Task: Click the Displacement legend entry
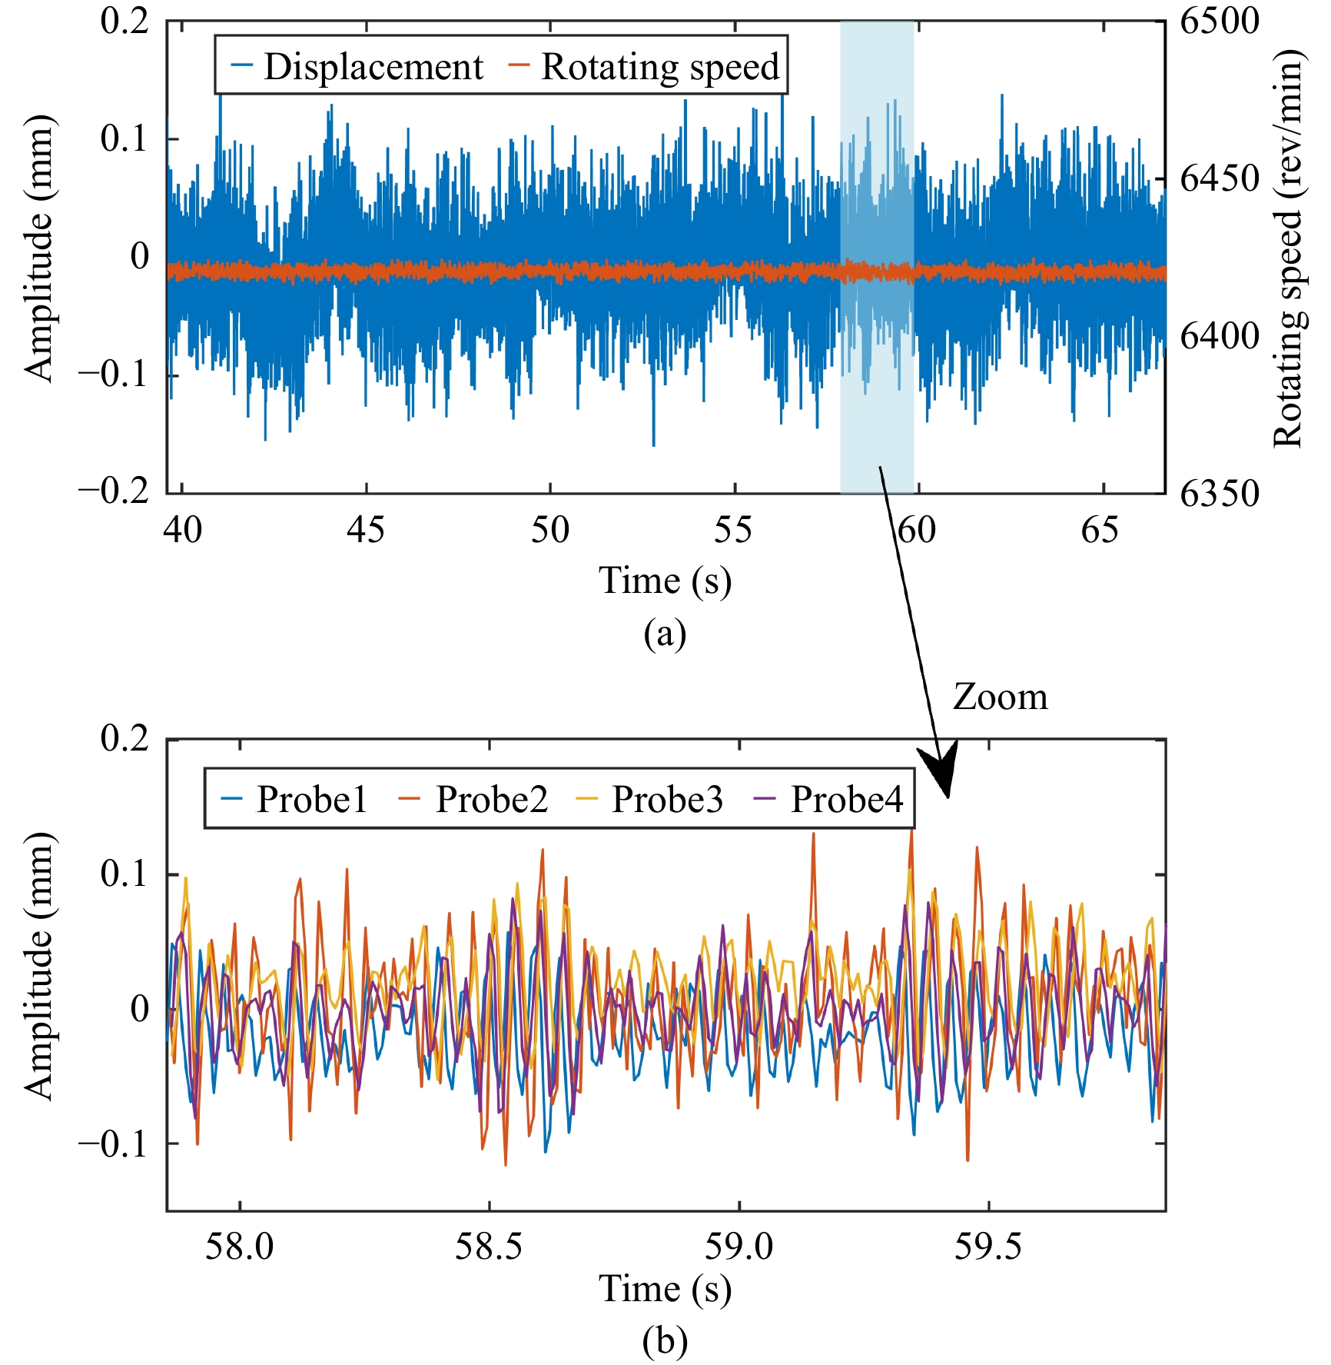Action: click(x=357, y=66)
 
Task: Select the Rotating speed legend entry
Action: click(x=644, y=66)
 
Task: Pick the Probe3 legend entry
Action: click(x=650, y=799)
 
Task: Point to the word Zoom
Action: click(x=1000, y=697)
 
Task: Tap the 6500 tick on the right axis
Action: click(x=1220, y=21)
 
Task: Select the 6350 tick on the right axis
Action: click(x=1220, y=493)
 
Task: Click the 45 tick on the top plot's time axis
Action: click(x=366, y=530)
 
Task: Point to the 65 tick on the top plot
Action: click(x=1100, y=530)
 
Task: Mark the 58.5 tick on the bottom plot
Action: click(x=489, y=1246)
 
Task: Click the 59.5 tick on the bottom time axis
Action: click(x=988, y=1246)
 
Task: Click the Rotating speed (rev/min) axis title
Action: click(x=1290, y=249)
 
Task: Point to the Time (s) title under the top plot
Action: click(x=665, y=581)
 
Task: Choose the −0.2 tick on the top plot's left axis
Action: click(x=114, y=493)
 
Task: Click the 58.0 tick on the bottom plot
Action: click(x=239, y=1246)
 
